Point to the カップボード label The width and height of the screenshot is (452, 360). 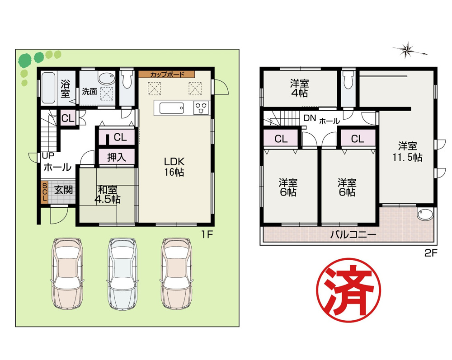pos(166,74)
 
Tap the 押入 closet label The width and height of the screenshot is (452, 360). pos(116,157)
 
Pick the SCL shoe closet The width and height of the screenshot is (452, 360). pos(44,192)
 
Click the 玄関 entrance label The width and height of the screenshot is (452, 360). pos(63,190)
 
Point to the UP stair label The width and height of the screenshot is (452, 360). pos(47,156)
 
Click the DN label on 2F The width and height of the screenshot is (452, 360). pos(309,118)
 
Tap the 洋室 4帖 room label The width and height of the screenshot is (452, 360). pos(299,89)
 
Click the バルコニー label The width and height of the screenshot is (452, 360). pos(353,234)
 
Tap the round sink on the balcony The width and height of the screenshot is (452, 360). pos(424,215)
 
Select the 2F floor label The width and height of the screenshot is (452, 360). pos(431,253)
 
